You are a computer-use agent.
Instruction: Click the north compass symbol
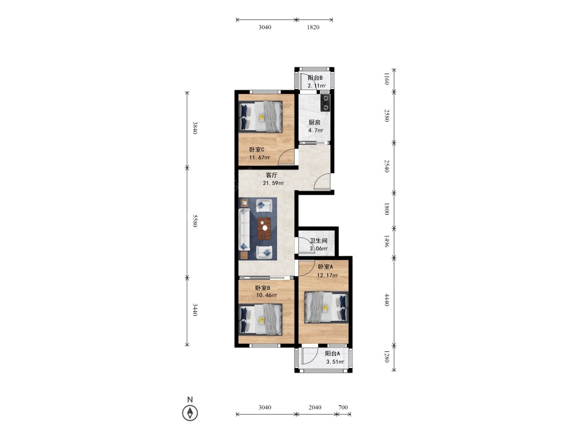190,413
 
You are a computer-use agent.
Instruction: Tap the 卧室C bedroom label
257,149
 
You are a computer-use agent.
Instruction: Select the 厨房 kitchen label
315,123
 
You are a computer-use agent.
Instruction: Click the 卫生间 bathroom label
319,241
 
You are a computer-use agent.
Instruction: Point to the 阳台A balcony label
332,354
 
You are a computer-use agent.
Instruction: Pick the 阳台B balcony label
315,78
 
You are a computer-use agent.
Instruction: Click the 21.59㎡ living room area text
274,183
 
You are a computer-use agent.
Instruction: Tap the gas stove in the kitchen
325,103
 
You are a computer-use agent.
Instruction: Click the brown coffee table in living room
265,228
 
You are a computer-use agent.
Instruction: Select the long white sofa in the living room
244,229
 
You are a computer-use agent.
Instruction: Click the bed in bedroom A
326,307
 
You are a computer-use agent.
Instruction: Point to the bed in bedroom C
261,116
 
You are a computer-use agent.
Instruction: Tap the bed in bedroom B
261,319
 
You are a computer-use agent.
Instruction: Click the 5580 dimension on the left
195,221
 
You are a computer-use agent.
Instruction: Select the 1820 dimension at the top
313,27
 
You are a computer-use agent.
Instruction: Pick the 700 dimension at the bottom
343,408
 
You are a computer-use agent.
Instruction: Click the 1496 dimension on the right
387,241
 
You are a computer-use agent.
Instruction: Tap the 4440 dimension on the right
387,300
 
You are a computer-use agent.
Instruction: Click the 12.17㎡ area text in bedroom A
328,275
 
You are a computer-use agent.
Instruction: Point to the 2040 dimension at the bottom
315,408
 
